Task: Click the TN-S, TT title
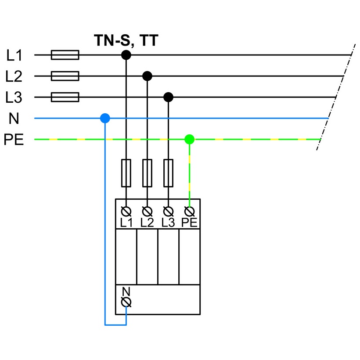pos(126,41)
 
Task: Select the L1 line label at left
pos(14,55)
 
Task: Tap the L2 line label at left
pos(14,76)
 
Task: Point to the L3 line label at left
pos(14,97)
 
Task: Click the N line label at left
pos(14,119)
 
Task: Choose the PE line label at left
pos(14,140)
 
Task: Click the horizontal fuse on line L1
pos(65,55)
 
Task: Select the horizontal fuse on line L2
pos(65,76)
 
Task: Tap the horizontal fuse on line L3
pos(65,97)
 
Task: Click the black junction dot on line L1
pos(126,55)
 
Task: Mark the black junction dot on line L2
pos(147,76)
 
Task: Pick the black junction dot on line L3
pos(168,97)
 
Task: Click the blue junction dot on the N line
pos(105,119)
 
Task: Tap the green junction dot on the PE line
pos(189,139)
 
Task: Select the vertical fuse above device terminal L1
pos(126,173)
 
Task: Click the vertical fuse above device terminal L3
pos(168,173)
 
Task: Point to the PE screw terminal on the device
pos(189,212)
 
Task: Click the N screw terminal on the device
pos(126,302)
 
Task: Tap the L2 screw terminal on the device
pos(147,212)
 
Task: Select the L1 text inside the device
pos(126,223)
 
